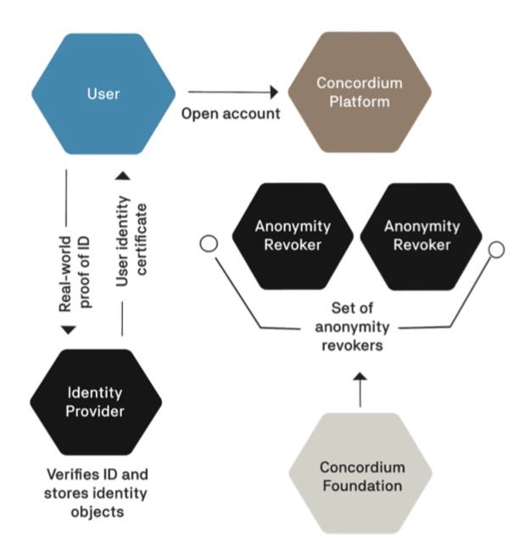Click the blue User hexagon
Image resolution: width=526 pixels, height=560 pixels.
coord(103,93)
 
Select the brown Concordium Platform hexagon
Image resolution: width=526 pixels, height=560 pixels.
coord(360,93)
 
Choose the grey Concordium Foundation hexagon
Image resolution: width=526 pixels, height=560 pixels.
coord(360,476)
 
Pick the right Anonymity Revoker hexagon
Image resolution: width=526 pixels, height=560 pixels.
coord(421,235)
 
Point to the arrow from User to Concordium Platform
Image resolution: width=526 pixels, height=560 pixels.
coord(233,91)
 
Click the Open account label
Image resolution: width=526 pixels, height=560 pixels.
coord(231,113)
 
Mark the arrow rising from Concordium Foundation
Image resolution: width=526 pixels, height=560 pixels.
coord(360,389)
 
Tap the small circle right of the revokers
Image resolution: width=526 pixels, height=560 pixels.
coord(497,249)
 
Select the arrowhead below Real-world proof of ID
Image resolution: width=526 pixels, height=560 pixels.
coord(65,329)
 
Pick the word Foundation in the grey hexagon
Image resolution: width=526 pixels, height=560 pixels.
coord(360,484)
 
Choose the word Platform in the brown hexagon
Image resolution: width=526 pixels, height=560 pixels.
coord(360,102)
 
